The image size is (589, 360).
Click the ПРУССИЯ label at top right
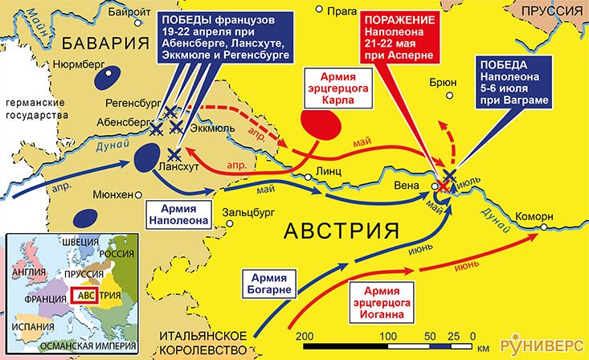(554, 11)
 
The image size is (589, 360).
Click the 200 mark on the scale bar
(304, 335)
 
